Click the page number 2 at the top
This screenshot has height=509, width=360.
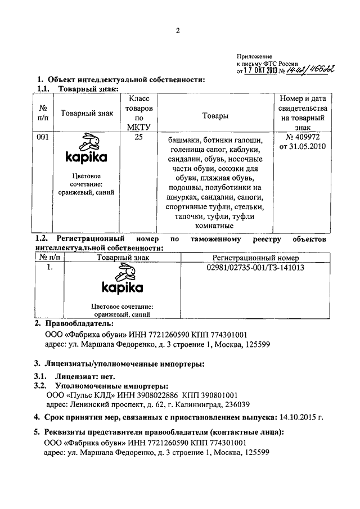coord(177,31)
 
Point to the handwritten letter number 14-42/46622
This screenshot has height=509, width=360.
coord(311,70)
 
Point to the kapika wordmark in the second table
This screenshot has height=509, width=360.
coord(122,288)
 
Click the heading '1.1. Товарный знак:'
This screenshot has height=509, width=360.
coord(78,88)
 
